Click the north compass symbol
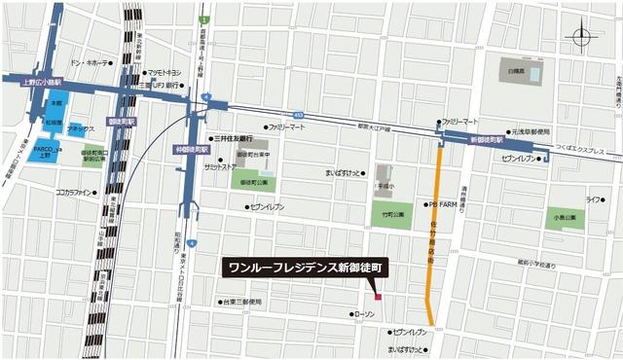pyautogui.click(x=582, y=38)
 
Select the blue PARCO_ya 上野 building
pyautogui.click(x=46, y=150)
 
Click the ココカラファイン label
pyautogui.click(x=78, y=193)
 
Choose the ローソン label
pyautogui.click(x=364, y=314)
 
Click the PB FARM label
pyautogui.click(x=442, y=205)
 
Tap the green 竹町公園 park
pyautogui.click(x=392, y=213)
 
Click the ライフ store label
pyautogui.click(x=593, y=199)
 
